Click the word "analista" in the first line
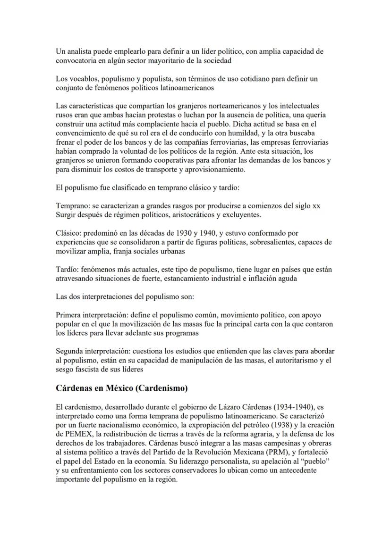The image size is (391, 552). tap(77, 51)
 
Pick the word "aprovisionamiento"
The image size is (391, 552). tap(215, 169)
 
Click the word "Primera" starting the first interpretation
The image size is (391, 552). tap(68, 314)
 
